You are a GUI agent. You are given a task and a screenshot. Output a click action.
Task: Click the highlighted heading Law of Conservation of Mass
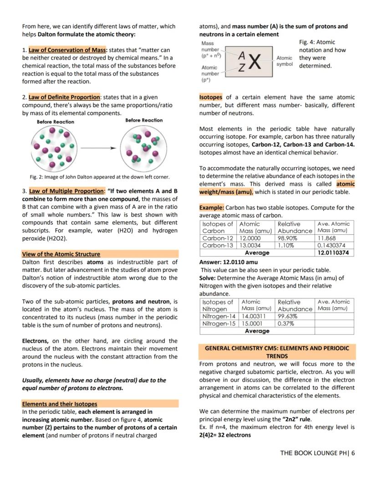pos(67,50)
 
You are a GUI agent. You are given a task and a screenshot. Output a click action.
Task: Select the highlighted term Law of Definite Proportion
pos(64,97)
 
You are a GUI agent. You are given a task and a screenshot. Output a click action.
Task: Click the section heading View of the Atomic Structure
pos(61,254)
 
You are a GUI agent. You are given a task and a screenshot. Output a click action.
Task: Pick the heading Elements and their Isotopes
pos(60,404)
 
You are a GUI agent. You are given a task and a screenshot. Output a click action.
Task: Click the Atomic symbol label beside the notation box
pos(285,61)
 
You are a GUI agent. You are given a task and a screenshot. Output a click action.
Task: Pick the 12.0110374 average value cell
pos(334,253)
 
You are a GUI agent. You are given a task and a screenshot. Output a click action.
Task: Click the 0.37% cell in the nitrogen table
pos(286,324)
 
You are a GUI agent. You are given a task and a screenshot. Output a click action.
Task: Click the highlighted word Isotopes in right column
pos(211,97)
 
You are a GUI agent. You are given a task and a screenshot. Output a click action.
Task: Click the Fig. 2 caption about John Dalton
pos(100,177)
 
